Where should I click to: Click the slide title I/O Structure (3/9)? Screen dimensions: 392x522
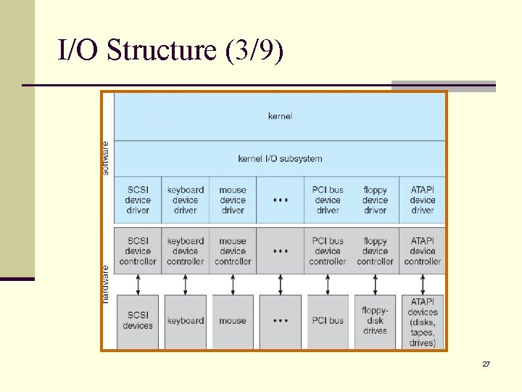coord(171,50)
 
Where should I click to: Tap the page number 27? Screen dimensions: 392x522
coord(486,364)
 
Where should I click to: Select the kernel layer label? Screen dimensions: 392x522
coord(280,116)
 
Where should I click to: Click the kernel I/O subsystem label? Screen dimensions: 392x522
coord(280,158)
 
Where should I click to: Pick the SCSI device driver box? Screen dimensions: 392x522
coord(138,200)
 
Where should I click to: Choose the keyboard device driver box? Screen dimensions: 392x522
coord(186,200)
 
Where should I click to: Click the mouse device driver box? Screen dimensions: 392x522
coord(233,200)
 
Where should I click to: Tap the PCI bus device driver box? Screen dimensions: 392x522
coord(328,200)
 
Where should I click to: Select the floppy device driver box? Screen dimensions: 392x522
coord(375,200)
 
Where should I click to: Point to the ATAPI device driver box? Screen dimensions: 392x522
coord(423,200)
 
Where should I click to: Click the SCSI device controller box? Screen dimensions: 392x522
coord(138,251)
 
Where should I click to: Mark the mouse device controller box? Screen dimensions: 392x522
coord(233,251)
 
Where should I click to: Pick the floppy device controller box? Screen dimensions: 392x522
coord(375,251)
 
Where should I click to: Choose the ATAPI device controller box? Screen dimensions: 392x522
coord(423,251)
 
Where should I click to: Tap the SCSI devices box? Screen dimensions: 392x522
coord(138,321)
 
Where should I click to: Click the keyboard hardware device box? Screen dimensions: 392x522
coord(186,321)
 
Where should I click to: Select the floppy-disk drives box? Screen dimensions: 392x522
coord(375,321)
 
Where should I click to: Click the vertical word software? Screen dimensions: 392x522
coord(107,158)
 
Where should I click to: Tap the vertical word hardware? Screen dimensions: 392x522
coord(107,283)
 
